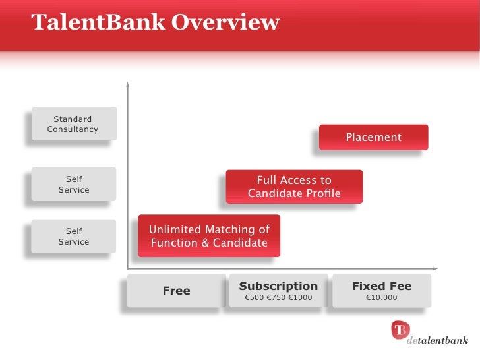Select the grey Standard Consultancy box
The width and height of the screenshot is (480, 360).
point(73,124)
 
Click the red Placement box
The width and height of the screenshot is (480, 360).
point(373,137)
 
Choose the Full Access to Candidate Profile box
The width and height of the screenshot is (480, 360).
point(294,187)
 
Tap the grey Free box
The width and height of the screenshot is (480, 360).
point(176,291)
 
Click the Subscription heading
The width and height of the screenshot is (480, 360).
point(278,286)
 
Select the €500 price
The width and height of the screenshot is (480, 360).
point(254,298)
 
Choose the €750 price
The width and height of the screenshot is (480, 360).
point(276,298)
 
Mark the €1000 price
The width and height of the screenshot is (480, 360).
point(300,298)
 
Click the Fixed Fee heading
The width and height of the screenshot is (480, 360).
point(381,286)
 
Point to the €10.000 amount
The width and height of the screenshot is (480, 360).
point(381,298)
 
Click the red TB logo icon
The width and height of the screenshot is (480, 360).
point(400,329)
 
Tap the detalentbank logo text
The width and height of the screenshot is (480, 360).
point(437,341)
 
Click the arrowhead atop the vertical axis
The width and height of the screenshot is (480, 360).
point(127,84)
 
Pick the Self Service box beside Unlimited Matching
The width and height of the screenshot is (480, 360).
point(73,237)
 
